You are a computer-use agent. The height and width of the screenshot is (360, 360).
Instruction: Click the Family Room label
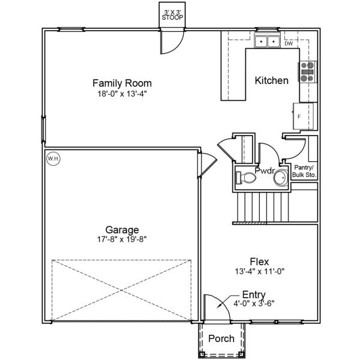[121, 83]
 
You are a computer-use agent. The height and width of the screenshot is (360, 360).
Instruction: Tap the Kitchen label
[272, 80]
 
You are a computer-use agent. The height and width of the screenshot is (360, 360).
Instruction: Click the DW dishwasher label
[289, 43]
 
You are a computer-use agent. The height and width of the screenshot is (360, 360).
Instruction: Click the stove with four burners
[308, 72]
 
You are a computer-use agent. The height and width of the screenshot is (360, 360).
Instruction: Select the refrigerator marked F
[304, 115]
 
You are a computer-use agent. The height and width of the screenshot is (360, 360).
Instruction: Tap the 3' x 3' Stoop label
[173, 15]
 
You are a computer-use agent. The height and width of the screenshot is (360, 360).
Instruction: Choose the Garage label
[122, 229]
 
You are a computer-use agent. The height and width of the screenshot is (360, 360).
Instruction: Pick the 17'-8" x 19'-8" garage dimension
[122, 239]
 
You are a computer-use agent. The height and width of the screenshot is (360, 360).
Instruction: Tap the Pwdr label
[265, 171]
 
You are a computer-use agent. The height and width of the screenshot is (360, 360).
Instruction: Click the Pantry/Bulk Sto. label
[304, 171]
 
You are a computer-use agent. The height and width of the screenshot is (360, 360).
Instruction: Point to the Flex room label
[260, 262]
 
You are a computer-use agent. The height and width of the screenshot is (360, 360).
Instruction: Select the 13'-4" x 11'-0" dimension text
[260, 271]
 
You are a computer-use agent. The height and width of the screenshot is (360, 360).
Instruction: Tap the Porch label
[221, 339]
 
